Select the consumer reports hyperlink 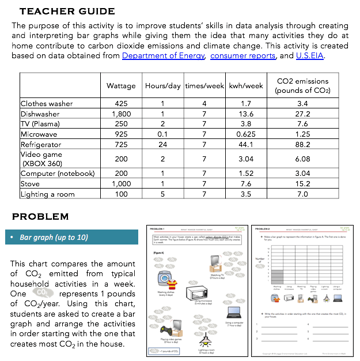tap(242, 56)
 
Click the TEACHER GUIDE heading tap(67, 12)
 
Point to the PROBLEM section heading tap(40, 217)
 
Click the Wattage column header tap(121, 86)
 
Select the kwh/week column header tap(246, 86)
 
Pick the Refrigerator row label tap(41, 145)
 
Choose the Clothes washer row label tap(47, 104)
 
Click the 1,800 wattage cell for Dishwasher tap(121, 114)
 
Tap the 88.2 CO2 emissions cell tap(302, 145)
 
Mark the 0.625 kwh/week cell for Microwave tap(246, 134)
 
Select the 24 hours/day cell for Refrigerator tap(163, 145)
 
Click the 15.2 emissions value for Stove tap(302, 184)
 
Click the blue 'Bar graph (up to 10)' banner tap(74, 237)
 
